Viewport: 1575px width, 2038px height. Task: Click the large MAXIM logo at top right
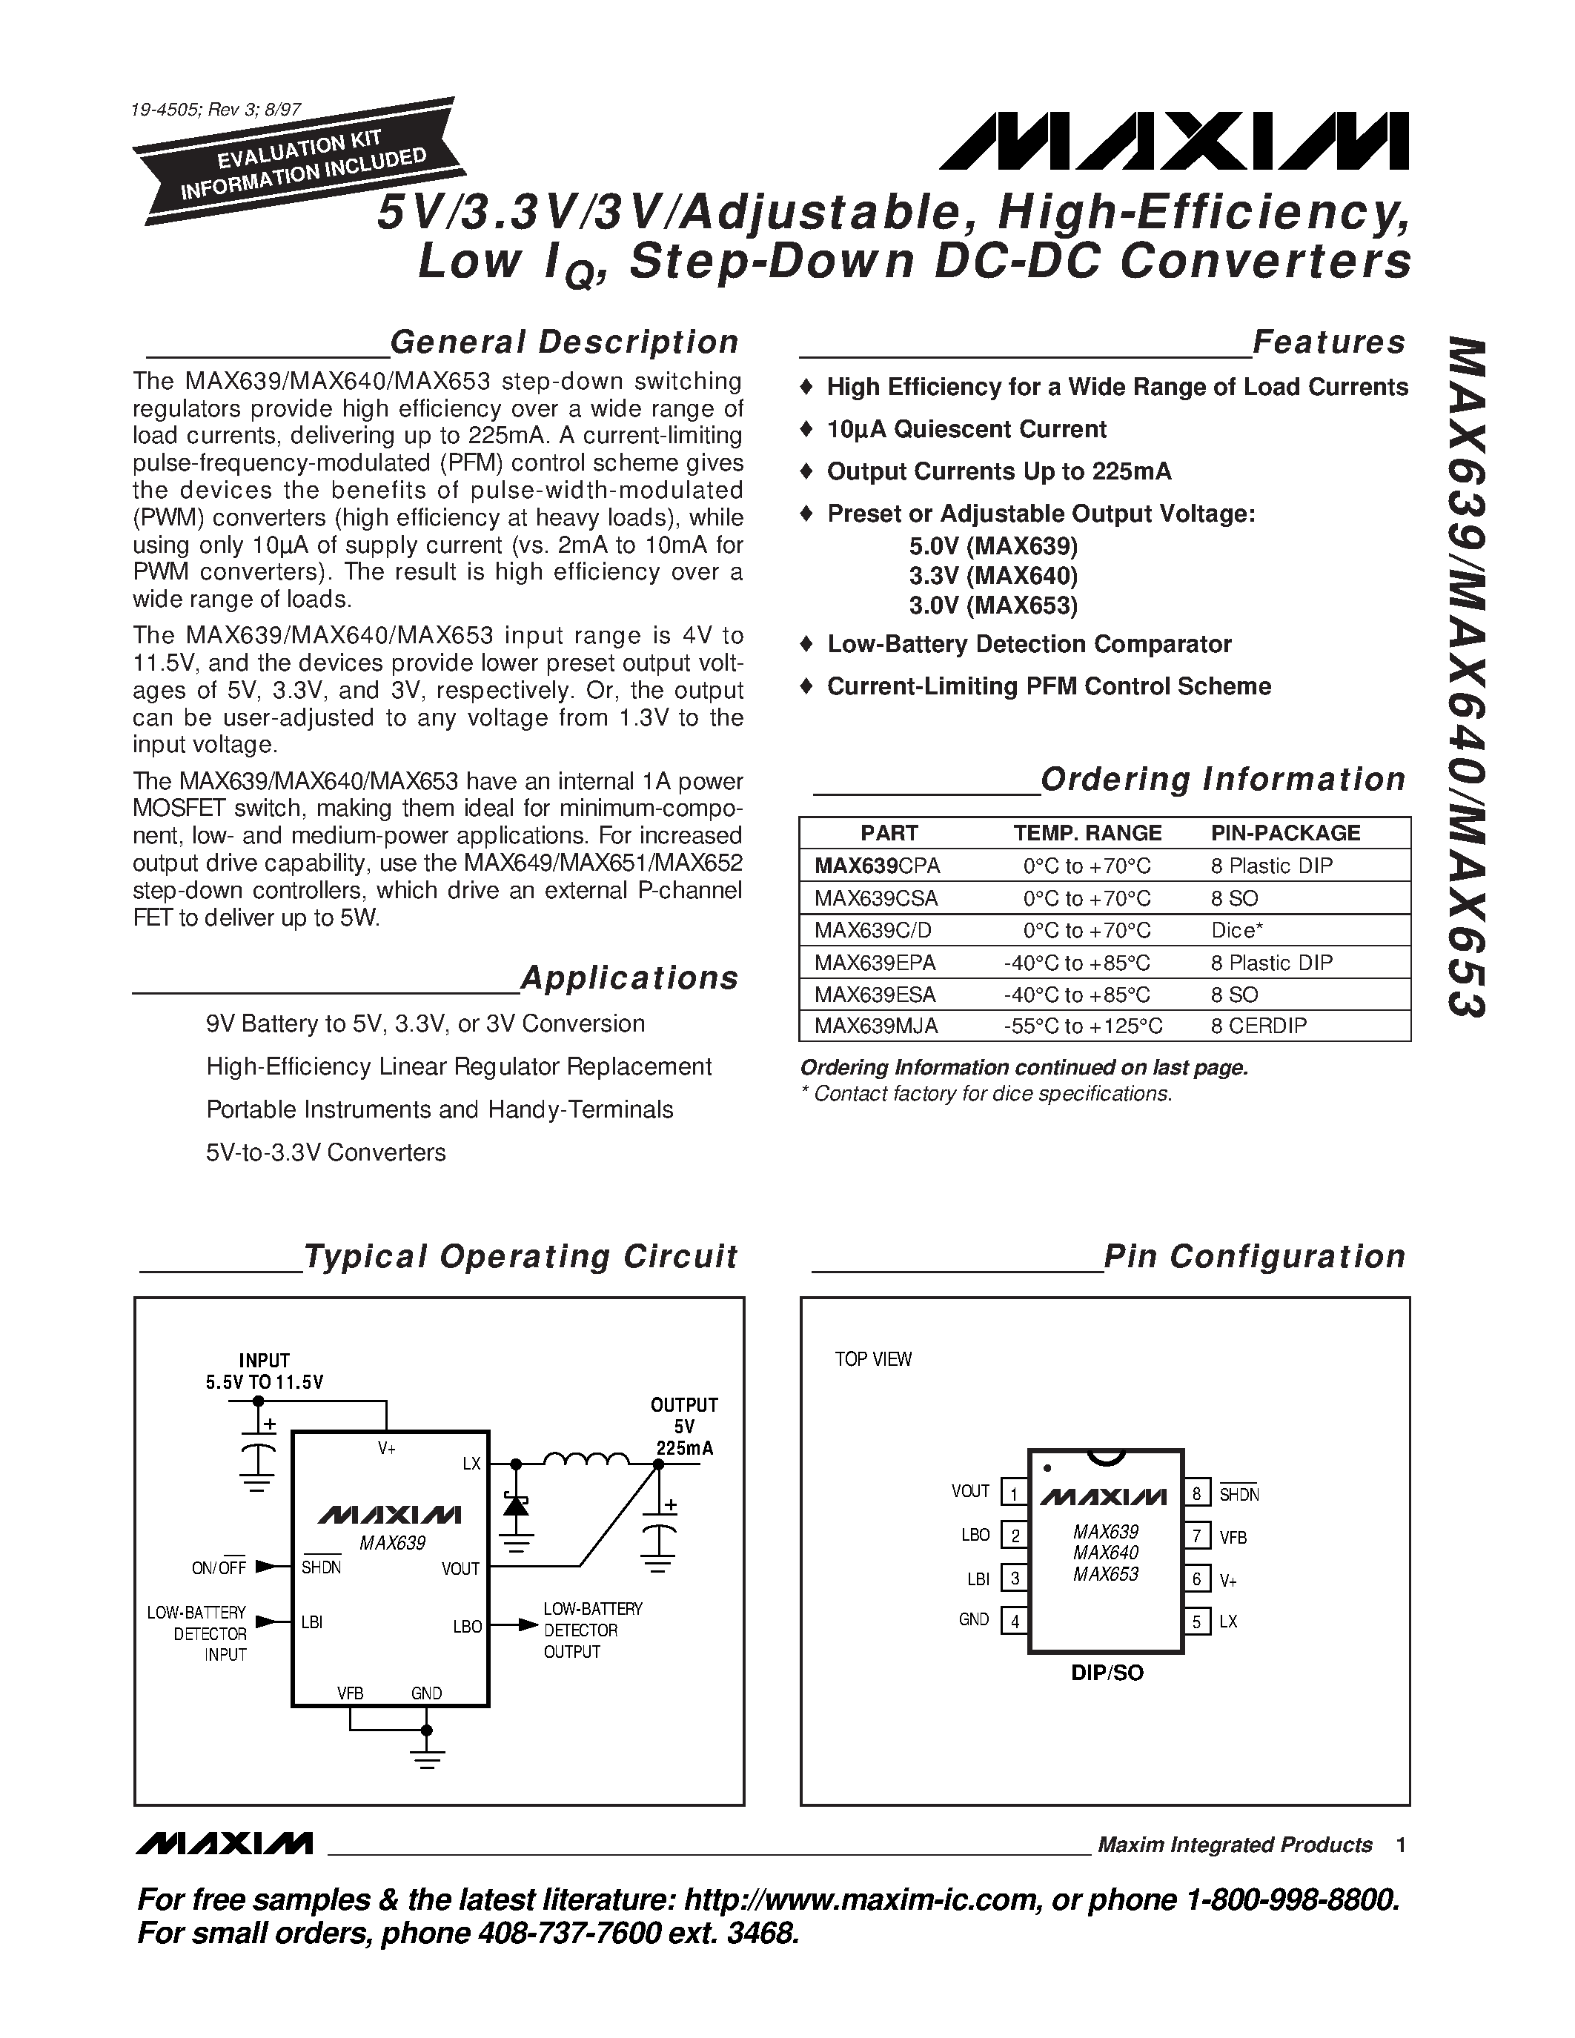pyautogui.click(x=1174, y=142)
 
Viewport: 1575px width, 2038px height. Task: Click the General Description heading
pyautogui.click(x=563, y=342)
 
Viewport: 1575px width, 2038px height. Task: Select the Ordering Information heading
pyautogui.click(x=1222, y=779)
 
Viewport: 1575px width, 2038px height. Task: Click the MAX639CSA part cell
pyautogui.click(x=875, y=899)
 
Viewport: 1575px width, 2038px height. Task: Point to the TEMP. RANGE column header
pyautogui.click(x=1087, y=833)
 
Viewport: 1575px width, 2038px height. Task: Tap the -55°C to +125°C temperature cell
pyautogui.click(x=1082, y=1026)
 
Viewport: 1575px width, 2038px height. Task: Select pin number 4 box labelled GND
pyautogui.click(x=1014, y=1621)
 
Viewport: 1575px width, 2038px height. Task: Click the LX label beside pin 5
pyautogui.click(x=1228, y=1622)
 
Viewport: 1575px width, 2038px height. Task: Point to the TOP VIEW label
pyautogui.click(x=872, y=1360)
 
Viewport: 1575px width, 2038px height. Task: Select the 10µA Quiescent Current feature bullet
pyautogui.click(x=966, y=429)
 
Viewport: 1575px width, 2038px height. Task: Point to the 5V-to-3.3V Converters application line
pyautogui.click(x=325, y=1152)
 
